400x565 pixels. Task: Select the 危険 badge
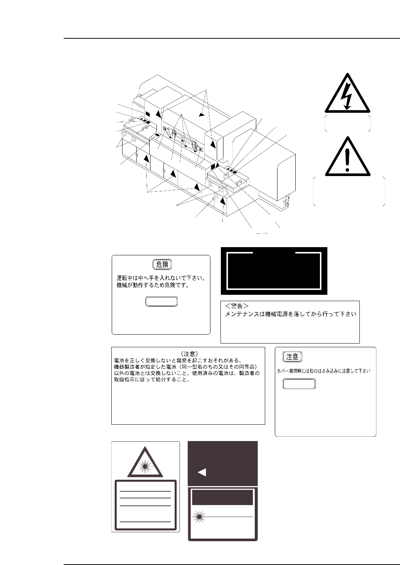(162, 265)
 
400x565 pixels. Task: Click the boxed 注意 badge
(292, 357)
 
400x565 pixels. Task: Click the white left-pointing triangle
(201, 472)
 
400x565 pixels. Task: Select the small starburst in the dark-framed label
(200, 517)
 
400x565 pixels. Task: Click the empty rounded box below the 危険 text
(161, 301)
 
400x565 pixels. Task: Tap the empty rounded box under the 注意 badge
(299, 384)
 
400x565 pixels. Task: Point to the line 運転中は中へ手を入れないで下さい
(161, 278)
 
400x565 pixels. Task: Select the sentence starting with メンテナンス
(291, 314)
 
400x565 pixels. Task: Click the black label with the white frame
(274, 271)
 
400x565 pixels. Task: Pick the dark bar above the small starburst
(222, 497)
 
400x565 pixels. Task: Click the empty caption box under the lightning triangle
(347, 123)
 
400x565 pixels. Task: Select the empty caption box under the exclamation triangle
(349, 191)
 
